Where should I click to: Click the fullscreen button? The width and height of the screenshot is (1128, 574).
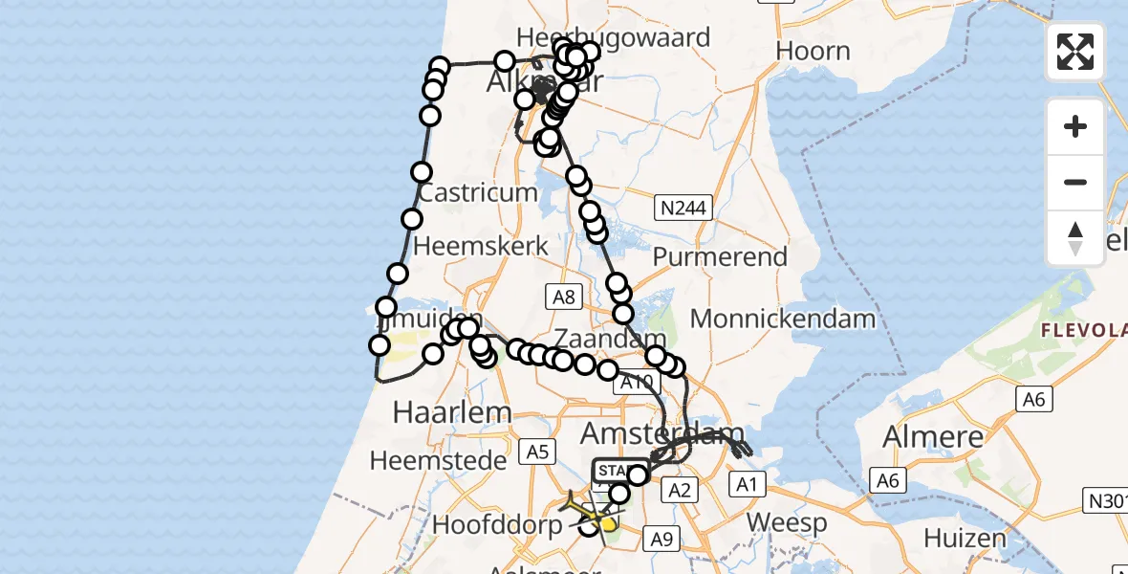[1075, 52]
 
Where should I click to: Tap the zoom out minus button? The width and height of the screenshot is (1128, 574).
[1075, 182]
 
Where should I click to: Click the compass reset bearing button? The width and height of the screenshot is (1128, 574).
[1075, 237]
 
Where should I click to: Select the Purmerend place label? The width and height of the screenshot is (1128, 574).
[720, 256]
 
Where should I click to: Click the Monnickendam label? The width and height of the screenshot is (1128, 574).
[783, 319]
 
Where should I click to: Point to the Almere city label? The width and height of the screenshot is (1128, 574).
[933, 436]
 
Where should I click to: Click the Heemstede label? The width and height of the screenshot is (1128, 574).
[438, 460]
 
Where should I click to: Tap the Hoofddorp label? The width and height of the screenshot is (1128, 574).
[497, 524]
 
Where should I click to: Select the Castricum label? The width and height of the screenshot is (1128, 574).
[478, 191]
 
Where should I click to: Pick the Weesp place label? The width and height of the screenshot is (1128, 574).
[787, 523]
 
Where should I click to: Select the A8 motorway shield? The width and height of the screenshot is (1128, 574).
[563, 297]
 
